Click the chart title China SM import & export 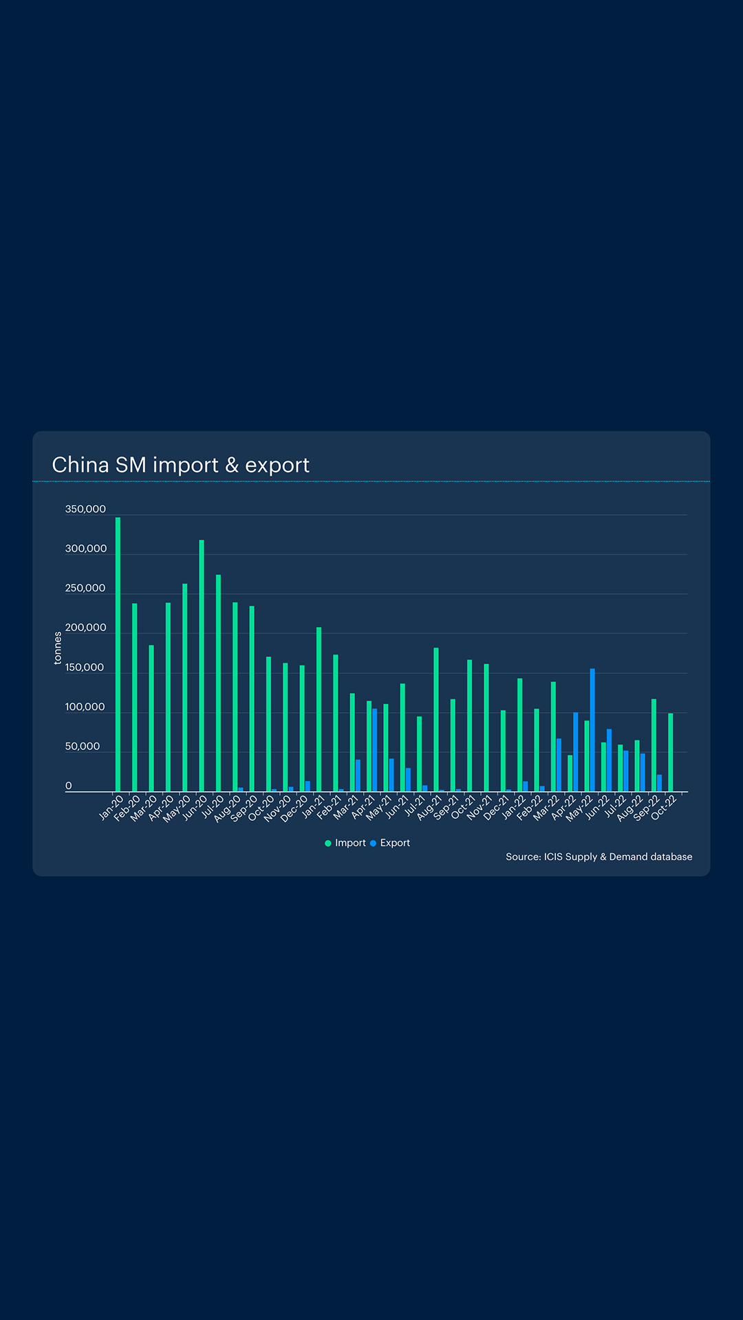(x=180, y=465)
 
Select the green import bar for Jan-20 (x=118, y=653)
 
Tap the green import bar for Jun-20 (x=202, y=665)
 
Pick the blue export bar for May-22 (x=592, y=730)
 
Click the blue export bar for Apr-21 (x=375, y=750)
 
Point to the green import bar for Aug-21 (x=436, y=719)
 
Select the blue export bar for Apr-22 (x=576, y=752)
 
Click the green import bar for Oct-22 (x=671, y=752)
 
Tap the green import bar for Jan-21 (x=319, y=709)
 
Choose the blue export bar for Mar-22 (x=559, y=765)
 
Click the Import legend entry (x=345, y=843)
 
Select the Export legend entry (x=390, y=843)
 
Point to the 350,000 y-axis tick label (x=85, y=509)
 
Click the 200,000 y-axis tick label (x=85, y=628)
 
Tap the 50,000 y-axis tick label (x=83, y=747)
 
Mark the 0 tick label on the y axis (x=68, y=786)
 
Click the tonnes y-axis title (x=58, y=648)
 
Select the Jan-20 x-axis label (x=111, y=807)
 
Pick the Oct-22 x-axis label (x=665, y=807)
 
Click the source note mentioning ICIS (x=599, y=857)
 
